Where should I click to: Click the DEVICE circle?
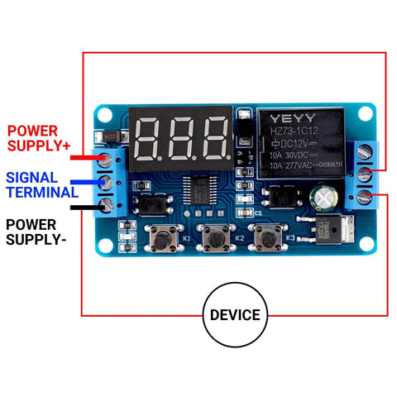pyautogui.click(x=234, y=314)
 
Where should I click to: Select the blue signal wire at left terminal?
pyautogui.click(x=83, y=182)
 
